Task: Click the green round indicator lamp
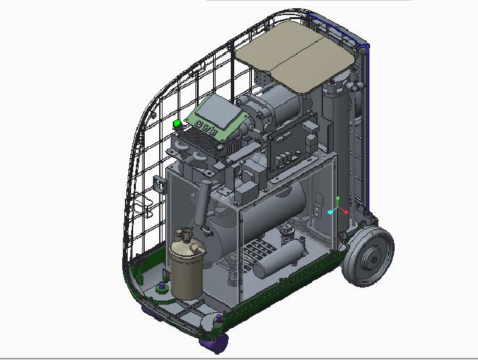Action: (x=178, y=124)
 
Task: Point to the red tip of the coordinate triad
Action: (x=346, y=212)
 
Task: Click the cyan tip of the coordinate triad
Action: (x=331, y=212)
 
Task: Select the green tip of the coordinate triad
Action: (x=338, y=199)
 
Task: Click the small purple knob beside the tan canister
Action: (x=162, y=286)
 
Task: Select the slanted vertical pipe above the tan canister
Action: (x=201, y=205)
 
